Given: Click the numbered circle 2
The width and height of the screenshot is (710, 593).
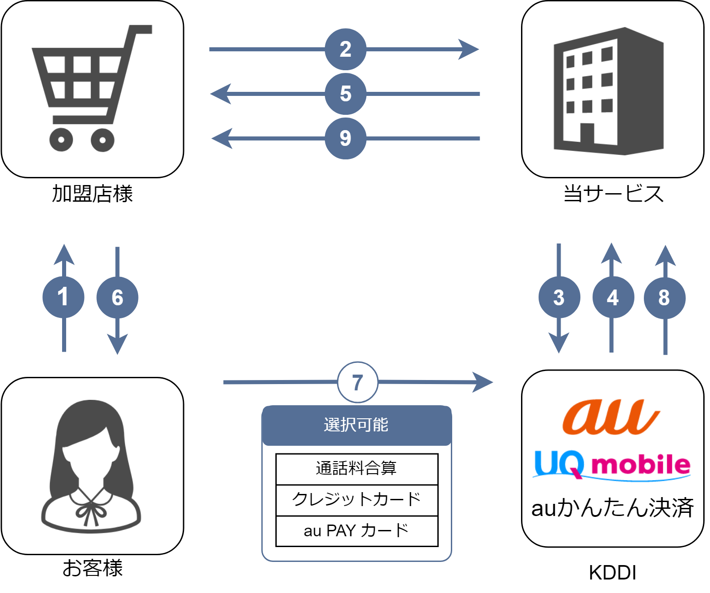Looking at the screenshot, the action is pyautogui.click(x=345, y=50).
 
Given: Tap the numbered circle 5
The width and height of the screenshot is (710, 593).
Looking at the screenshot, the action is pyautogui.click(x=345, y=94).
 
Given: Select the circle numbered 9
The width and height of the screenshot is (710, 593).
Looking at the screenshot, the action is pyautogui.click(x=345, y=139).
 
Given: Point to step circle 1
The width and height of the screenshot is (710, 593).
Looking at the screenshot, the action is pyautogui.click(x=63, y=297).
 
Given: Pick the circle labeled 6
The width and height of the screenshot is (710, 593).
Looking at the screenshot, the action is pyautogui.click(x=117, y=298).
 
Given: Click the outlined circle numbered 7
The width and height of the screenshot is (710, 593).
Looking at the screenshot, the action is pyautogui.click(x=357, y=382).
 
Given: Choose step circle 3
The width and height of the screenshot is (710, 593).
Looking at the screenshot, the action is pyautogui.click(x=559, y=297).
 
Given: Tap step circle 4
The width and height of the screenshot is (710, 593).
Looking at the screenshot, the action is pyautogui.click(x=613, y=297).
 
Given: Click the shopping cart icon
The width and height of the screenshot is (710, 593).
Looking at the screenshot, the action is pyautogui.click(x=92, y=88).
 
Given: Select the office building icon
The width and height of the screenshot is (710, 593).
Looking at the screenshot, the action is pyautogui.click(x=608, y=91).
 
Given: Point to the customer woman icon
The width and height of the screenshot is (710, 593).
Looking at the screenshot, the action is pyautogui.click(x=91, y=466).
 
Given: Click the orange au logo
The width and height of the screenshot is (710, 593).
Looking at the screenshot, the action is pyautogui.click(x=611, y=417).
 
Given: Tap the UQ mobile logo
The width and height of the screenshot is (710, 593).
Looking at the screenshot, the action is pyautogui.click(x=611, y=465).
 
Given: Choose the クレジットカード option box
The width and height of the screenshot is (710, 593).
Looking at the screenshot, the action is pyautogui.click(x=357, y=500).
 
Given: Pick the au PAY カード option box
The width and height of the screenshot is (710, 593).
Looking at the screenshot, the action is pyautogui.click(x=357, y=531).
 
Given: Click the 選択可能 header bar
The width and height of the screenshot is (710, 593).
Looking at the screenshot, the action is pyautogui.click(x=357, y=425).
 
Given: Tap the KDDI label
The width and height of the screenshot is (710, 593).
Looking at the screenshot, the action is pyautogui.click(x=612, y=573).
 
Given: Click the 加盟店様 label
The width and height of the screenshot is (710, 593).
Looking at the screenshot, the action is pyautogui.click(x=92, y=194).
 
